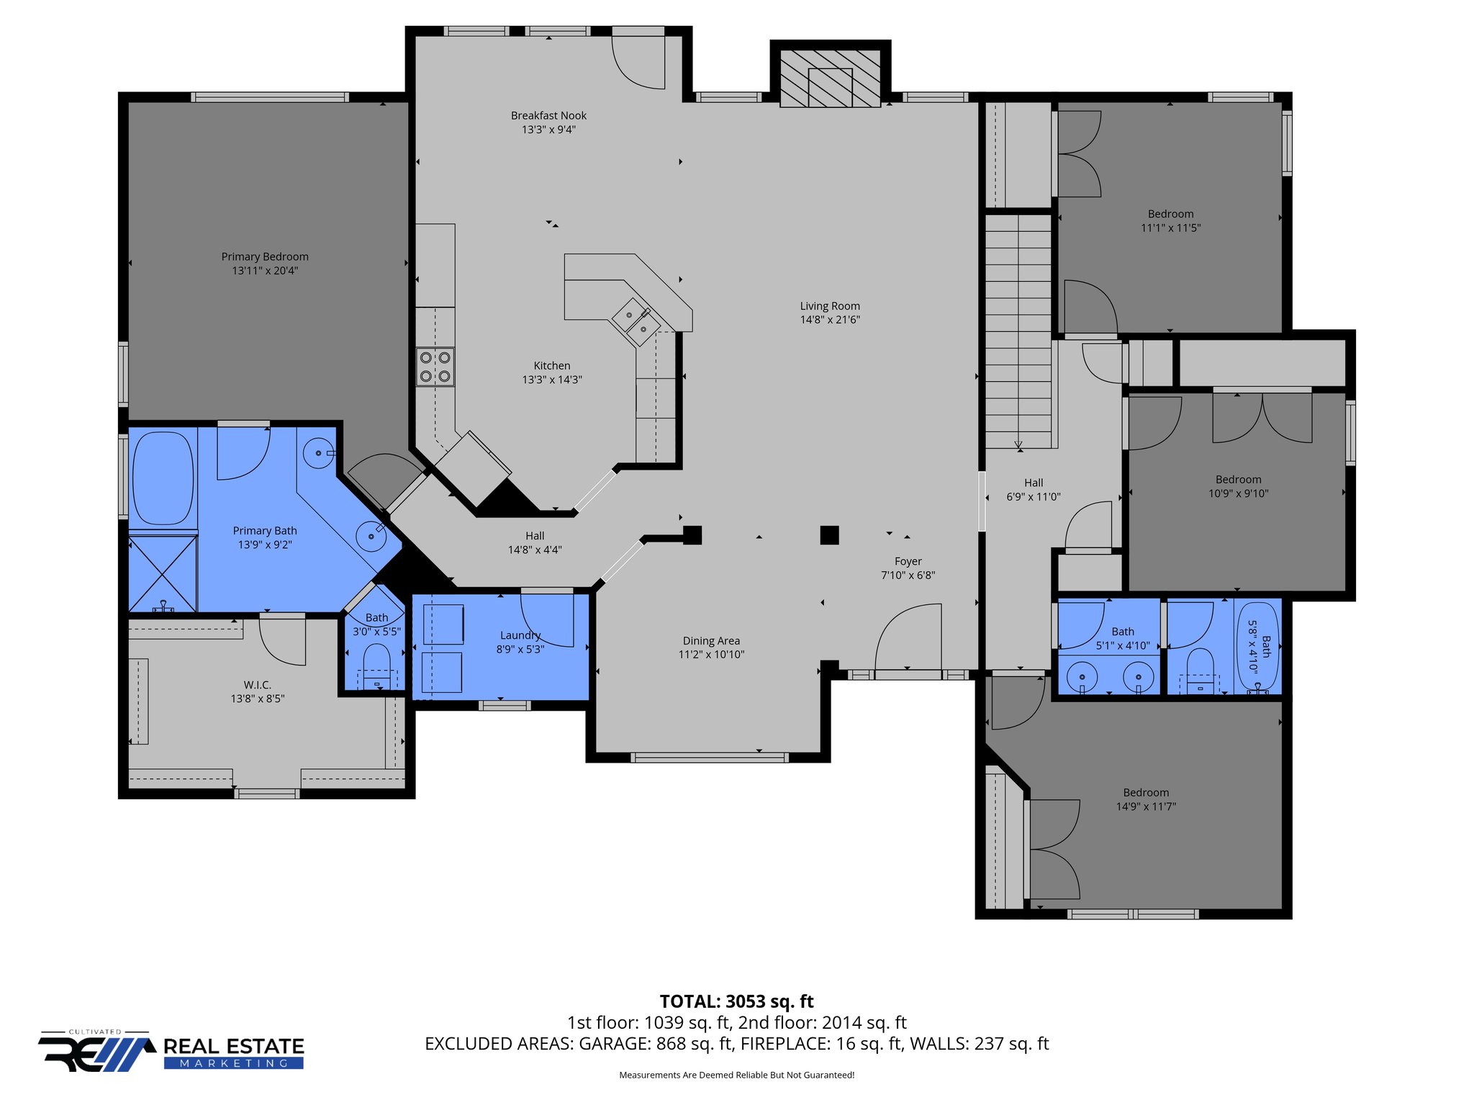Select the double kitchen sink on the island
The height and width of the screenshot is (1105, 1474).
click(636, 322)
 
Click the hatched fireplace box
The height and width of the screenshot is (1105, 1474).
click(830, 78)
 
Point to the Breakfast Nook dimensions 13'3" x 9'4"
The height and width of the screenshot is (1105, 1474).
click(548, 130)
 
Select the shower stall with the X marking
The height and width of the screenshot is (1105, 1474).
click(163, 573)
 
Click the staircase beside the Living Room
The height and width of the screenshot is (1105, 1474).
click(1018, 331)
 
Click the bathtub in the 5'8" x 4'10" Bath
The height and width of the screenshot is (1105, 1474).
click(1257, 647)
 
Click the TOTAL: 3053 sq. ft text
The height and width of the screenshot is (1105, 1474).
click(736, 1001)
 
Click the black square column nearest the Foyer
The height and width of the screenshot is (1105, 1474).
click(829, 535)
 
